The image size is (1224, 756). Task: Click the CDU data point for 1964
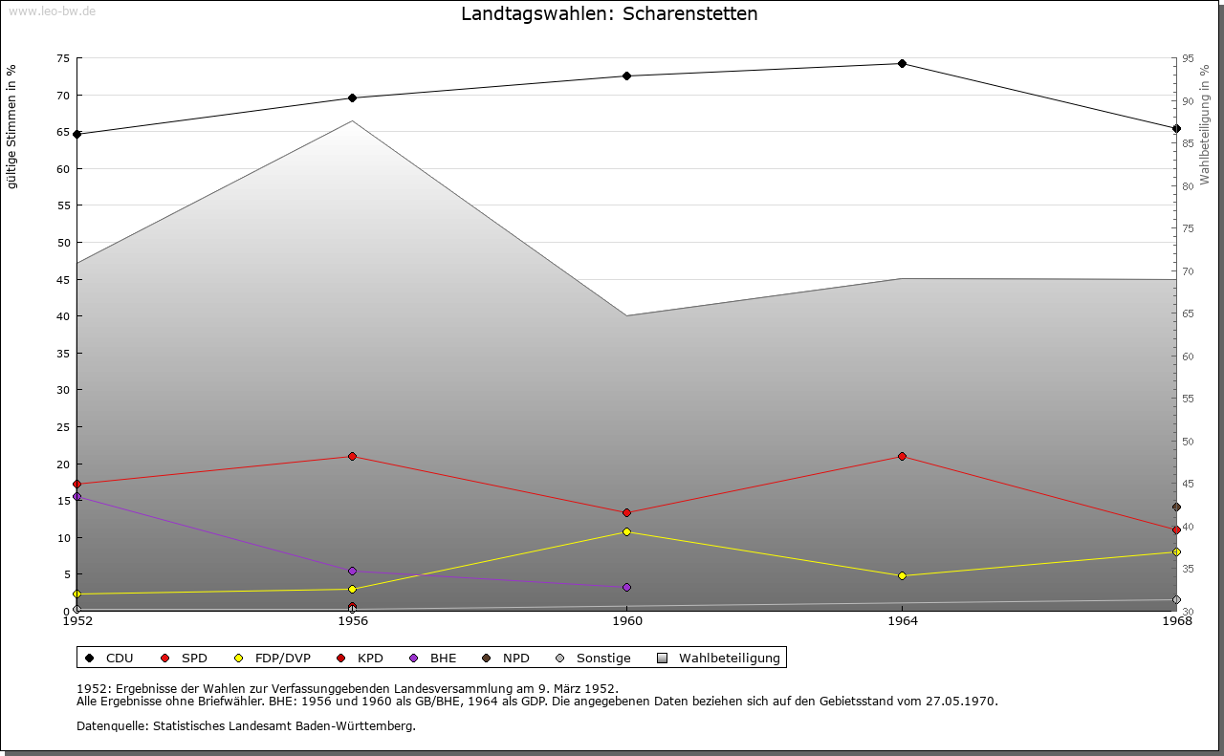point(902,64)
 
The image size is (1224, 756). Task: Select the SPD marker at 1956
point(352,456)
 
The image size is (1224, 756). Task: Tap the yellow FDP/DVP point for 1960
point(626,531)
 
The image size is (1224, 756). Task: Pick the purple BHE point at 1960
point(626,587)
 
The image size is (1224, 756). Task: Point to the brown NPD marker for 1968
point(1176,507)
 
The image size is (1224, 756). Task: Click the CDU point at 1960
point(626,76)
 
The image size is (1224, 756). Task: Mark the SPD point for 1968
point(1176,529)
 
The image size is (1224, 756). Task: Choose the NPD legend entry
point(506,658)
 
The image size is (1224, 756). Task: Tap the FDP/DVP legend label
point(282,658)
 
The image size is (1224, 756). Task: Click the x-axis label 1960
point(627,621)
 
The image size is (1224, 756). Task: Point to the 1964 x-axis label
point(902,621)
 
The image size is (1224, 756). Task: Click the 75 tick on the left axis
point(63,58)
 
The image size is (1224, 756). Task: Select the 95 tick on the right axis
point(1188,58)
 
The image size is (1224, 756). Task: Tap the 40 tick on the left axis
point(63,316)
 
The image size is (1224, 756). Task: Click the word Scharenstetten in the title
point(690,13)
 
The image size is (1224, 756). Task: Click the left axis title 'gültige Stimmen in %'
point(11,127)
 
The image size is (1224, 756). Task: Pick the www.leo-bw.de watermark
point(53,11)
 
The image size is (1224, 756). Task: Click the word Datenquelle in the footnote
point(112,726)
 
